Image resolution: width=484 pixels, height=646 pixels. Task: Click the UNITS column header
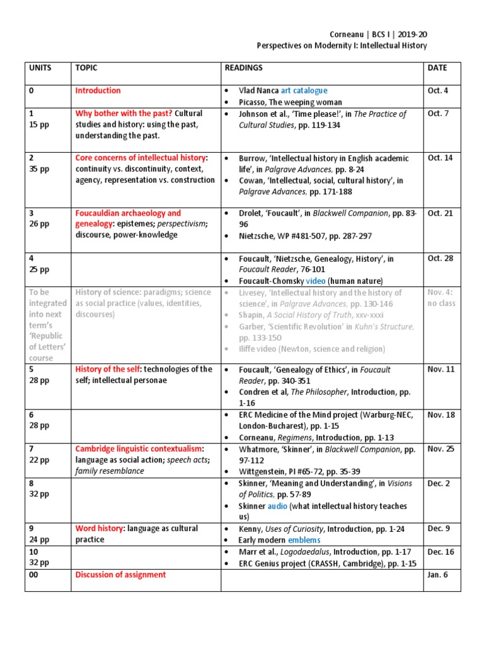(x=40, y=68)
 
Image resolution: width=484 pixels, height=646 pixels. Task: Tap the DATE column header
(x=437, y=68)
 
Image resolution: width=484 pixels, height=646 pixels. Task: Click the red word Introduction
(x=98, y=90)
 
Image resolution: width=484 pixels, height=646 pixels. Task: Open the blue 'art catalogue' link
(x=304, y=90)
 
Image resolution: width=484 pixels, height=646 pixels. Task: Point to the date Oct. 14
(x=440, y=158)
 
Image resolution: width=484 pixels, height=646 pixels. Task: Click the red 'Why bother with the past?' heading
(x=123, y=114)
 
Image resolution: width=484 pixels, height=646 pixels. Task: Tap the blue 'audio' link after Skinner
(x=277, y=506)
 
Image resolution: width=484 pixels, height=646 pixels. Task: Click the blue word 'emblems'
(x=304, y=540)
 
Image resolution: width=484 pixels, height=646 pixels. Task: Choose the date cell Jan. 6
(x=437, y=575)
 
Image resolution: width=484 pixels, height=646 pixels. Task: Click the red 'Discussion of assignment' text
(x=120, y=575)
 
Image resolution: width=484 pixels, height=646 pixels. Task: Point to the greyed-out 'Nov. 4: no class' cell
(x=440, y=298)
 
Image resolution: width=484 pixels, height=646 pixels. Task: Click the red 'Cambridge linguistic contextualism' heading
(x=139, y=449)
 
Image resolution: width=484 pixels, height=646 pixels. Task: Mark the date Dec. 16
(x=440, y=552)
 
